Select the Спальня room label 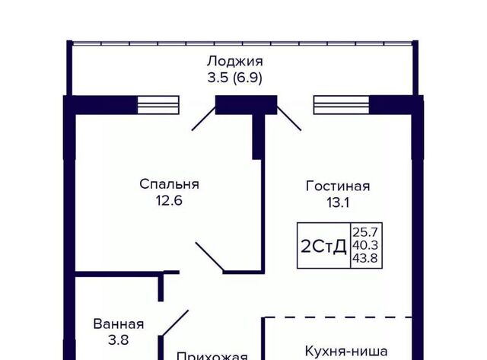(x=169, y=184)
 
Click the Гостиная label (x=338, y=186)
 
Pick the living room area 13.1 (x=338, y=202)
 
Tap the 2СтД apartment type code (x=324, y=246)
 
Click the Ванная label (x=119, y=324)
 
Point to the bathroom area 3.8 (x=119, y=340)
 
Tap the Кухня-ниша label (x=345, y=352)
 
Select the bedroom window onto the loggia (x=158, y=104)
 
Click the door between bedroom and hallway (x=209, y=256)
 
